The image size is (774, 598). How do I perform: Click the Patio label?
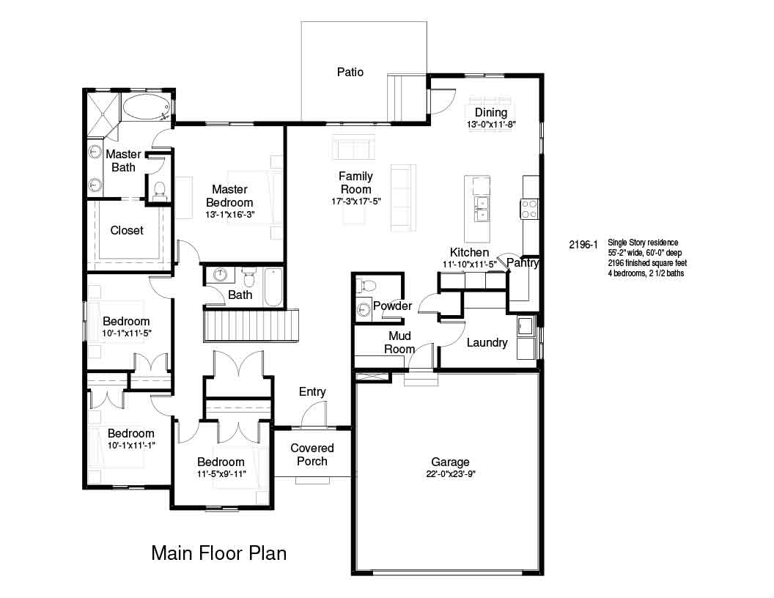(350, 72)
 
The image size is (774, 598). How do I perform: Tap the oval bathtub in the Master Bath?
(146, 107)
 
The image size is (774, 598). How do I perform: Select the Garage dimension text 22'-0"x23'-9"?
(450, 474)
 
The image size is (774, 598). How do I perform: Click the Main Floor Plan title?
(218, 553)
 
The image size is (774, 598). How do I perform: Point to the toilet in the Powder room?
(367, 285)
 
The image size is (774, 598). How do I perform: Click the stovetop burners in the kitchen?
(529, 209)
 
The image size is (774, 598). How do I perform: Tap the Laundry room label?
(487, 342)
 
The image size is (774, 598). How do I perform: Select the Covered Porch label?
(312, 454)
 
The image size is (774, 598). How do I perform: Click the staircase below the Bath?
(251, 325)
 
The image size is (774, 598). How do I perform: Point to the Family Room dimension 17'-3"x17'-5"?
(356, 202)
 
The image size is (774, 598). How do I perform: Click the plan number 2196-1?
(583, 244)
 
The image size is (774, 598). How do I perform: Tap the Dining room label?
(490, 113)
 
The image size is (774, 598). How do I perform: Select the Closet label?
(127, 230)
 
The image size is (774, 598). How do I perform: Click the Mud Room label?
(399, 342)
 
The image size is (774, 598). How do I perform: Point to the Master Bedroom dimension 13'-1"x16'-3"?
(229, 215)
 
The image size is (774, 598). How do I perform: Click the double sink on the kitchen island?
(481, 209)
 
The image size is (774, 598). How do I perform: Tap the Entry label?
(312, 392)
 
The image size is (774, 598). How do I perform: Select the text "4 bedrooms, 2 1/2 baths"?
(646, 273)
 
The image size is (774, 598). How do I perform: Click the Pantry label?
(523, 262)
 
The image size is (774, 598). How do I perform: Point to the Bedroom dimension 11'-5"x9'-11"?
(221, 474)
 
